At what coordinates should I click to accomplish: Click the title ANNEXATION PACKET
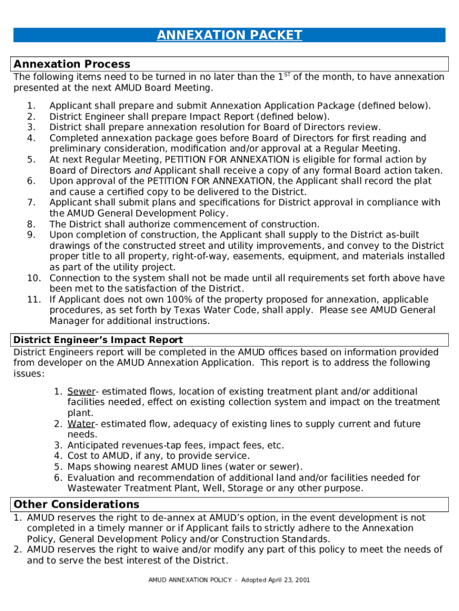click(x=229, y=35)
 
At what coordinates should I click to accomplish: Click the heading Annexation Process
click(x=72, y=64)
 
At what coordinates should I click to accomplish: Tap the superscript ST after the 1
click(x=287, y=75)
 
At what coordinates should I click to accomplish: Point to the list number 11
click(x=33, y=300)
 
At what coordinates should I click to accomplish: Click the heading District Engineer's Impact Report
click(x=98, y=340)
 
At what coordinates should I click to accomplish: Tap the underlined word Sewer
click(x=81, y=391)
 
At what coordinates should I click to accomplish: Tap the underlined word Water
click(x=81, y=424)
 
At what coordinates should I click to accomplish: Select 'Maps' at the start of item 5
click(x=79, y=467)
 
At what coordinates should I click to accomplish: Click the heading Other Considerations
click(x=76, y=504)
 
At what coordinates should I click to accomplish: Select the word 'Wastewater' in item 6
click(x=94, y=489)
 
